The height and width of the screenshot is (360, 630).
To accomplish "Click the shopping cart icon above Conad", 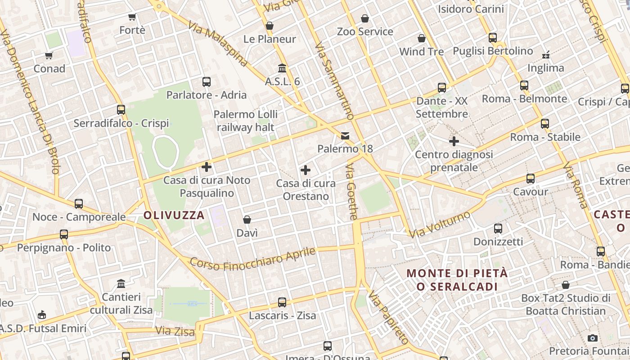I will pos(49,56).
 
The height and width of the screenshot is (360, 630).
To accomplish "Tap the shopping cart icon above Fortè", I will pos(132,17).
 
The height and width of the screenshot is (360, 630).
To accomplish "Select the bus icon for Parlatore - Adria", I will pos(207,82).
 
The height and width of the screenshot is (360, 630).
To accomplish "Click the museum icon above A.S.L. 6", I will pos(282,68).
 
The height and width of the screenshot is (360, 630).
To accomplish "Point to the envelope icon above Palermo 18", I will pos(345,135).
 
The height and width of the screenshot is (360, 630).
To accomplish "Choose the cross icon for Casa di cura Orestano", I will pos(306,170).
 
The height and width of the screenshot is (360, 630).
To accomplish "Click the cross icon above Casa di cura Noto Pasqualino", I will pos(207,167).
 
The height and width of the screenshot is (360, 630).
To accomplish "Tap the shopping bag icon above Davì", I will pos(247,220).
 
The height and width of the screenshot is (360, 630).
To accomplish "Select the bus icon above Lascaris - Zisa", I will pos(282,302).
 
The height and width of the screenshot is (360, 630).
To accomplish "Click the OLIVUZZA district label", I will pos(174,215).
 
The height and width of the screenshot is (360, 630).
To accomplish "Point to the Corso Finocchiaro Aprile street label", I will pos(252,260).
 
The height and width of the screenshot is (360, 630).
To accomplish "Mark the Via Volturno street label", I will pos(440,224).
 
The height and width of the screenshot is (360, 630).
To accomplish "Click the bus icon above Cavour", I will pos(531,179).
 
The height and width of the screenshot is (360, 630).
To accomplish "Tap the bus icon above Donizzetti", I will pos(498,229).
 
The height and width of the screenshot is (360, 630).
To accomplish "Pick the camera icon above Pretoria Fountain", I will pos(593,338).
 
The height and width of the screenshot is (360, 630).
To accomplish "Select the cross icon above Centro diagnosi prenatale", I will pos(454,141).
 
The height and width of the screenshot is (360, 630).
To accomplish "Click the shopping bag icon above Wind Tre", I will pos(422,38).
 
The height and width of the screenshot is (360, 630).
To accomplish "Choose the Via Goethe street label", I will pos(351,192).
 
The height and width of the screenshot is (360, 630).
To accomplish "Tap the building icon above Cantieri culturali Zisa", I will pos(121,284).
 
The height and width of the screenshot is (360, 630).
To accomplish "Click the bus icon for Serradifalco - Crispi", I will pos(121,110).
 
